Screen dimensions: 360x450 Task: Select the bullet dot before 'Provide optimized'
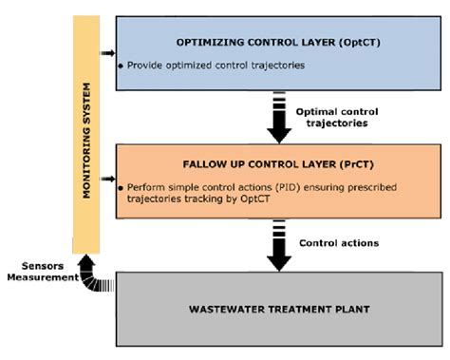[121, 66]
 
